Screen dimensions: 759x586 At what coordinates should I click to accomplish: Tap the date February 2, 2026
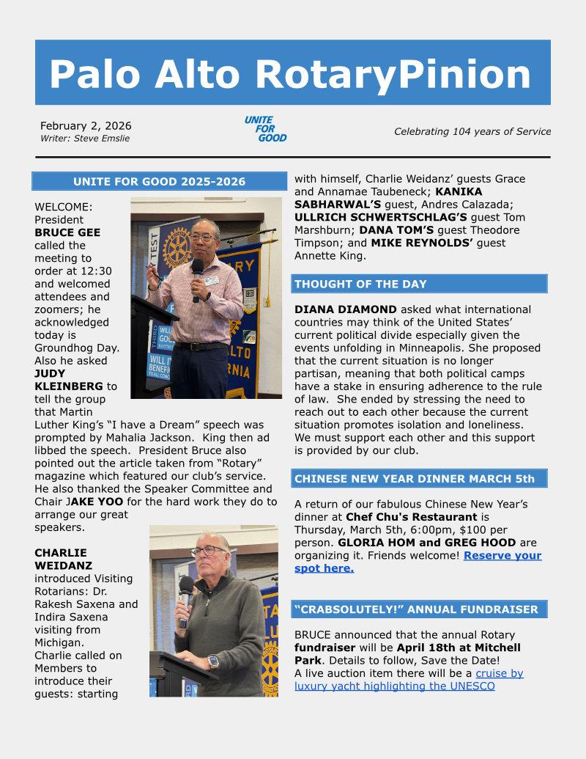pos(86,125)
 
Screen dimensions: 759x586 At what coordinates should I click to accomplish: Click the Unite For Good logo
pos(265,128)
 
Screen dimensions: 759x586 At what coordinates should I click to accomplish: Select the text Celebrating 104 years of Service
pos(472,132)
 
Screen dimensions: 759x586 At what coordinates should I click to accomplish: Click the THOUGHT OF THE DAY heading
pos(360,284)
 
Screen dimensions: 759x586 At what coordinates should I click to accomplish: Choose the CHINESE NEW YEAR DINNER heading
pos(415,479)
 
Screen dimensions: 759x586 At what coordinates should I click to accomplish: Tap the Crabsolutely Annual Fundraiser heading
pos(416,609)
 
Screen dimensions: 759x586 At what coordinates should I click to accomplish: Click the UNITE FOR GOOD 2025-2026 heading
pos(159,182)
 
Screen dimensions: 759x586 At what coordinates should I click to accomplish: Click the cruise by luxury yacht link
pos(409,680)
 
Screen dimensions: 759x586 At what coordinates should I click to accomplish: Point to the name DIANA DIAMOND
pos(336,309)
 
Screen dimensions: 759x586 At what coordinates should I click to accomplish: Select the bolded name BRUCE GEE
pos(67,232)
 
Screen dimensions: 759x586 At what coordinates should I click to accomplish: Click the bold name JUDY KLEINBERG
pos(69,380)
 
